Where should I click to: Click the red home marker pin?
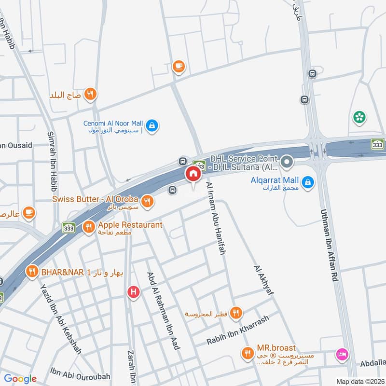click(193, 174)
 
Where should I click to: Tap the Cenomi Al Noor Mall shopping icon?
click(152, 125)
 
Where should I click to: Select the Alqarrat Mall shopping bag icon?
click(308, 182)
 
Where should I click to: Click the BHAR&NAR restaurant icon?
click(32, 272)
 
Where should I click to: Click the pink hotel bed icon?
click(342, 354)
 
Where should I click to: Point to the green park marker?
click(359, 117)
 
